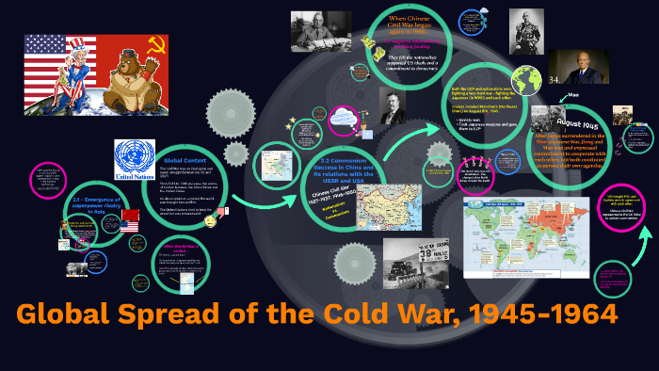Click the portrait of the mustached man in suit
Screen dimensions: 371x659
(393, 105)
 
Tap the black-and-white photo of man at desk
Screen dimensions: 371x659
(320, 33)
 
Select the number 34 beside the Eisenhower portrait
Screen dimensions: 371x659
(554, 79)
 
